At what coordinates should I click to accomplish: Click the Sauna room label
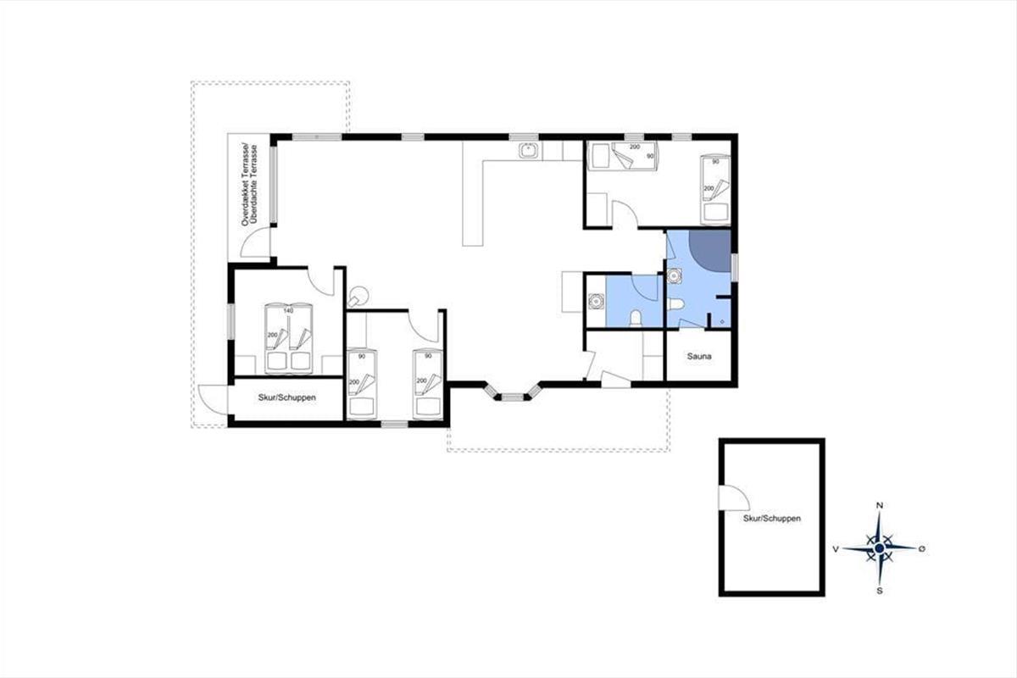[698, 357]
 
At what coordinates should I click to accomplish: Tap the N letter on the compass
[880, 505]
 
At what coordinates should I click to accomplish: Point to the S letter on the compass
[880, 591]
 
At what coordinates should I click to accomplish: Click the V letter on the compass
[836, 549]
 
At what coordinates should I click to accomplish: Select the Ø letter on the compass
[922, 549]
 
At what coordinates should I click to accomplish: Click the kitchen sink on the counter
[529, 150]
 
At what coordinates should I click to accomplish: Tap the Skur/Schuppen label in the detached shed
[772, 518]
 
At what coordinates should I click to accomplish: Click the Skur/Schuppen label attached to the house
[287, 397]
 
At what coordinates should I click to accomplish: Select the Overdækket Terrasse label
[246, 185]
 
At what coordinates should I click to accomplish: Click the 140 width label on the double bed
[288, 311]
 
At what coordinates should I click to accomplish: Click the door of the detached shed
[734, 497]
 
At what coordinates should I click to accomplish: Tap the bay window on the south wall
[512, 392]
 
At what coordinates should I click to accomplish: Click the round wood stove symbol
[358, 297]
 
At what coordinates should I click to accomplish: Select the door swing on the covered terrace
[256, 243]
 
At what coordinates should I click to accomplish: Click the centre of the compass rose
[880, 548]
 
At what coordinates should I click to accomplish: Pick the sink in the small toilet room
[596, 301]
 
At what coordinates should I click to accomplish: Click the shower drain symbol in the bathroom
[723, 322]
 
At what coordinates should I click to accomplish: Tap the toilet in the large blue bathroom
[676, 303]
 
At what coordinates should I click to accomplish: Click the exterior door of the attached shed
[213, 399]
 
